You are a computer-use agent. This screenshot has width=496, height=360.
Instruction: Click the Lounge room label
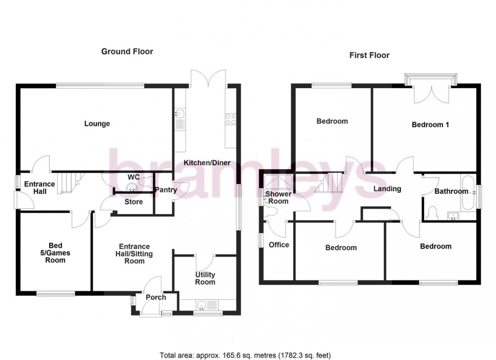click(x=97, y=124)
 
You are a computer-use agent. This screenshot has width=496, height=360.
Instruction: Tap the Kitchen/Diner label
click(x=206, y=163)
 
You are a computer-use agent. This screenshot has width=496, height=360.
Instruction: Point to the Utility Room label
click(x=205, y=278)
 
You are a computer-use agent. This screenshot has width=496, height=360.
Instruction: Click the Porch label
click(x=155, y=297)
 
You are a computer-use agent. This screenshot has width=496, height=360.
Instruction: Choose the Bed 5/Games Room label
click(x=55, y=251)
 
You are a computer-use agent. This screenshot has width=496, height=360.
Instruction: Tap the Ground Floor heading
click(x=127, y=51)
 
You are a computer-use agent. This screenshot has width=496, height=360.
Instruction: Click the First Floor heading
click(x=369, y=55)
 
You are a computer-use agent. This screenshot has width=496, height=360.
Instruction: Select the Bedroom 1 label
click(x=430, y=125)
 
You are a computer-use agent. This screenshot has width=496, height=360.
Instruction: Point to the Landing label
click(x=387, y=189)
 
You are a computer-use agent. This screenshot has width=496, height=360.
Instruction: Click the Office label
click(x=278, y=245)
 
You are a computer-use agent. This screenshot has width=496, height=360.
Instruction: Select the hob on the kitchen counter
click(x=231, y=119)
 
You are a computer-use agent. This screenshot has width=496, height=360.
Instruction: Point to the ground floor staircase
click(x=66, y=183)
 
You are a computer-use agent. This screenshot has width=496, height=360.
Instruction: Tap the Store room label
click(x=133, y=202)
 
